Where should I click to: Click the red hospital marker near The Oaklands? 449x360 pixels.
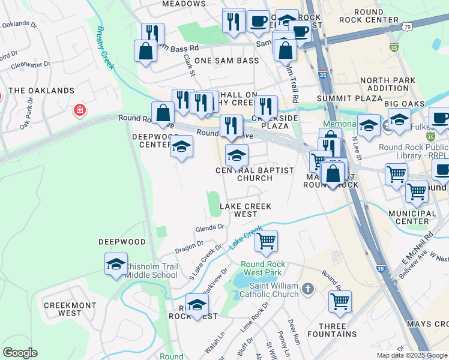point(79,110)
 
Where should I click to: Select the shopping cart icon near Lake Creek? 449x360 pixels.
point(266,241)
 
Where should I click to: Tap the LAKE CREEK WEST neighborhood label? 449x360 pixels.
point(246,210)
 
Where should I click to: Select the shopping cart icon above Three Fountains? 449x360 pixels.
point(340,301)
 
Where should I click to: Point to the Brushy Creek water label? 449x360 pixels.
point(106,48)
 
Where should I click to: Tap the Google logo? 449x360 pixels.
point(20,353)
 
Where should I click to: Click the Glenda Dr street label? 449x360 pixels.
point(209,227)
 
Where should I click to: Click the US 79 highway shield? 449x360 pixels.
point(408,28)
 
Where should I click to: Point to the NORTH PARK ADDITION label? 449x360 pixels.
point(388,84)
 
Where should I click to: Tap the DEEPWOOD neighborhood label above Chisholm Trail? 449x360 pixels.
point(122,242)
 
